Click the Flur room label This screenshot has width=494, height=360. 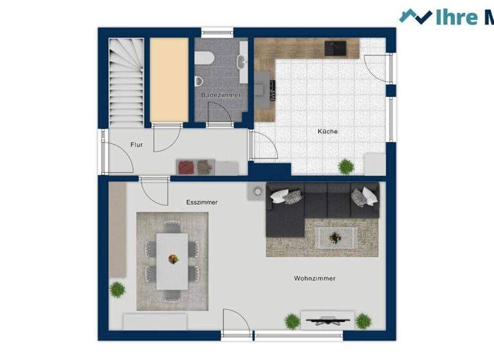pos(136,145)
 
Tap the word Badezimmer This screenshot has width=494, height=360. pos(221,95)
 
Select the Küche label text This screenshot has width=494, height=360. pos(327,132)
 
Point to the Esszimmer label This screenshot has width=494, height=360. pos(201,202)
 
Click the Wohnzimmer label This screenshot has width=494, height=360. pos(315,278)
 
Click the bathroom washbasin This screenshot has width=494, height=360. pos(242,62)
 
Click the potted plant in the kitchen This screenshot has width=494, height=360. pos(346,166)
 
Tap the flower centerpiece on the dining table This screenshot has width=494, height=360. pos(173,259)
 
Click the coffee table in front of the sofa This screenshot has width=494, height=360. pos(334,238)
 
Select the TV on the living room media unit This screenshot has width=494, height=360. pos(327,319)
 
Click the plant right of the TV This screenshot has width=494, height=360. pos(363,320)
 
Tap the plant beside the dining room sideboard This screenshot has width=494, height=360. pos(117,289)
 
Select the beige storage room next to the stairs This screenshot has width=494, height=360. pos(169,79)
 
